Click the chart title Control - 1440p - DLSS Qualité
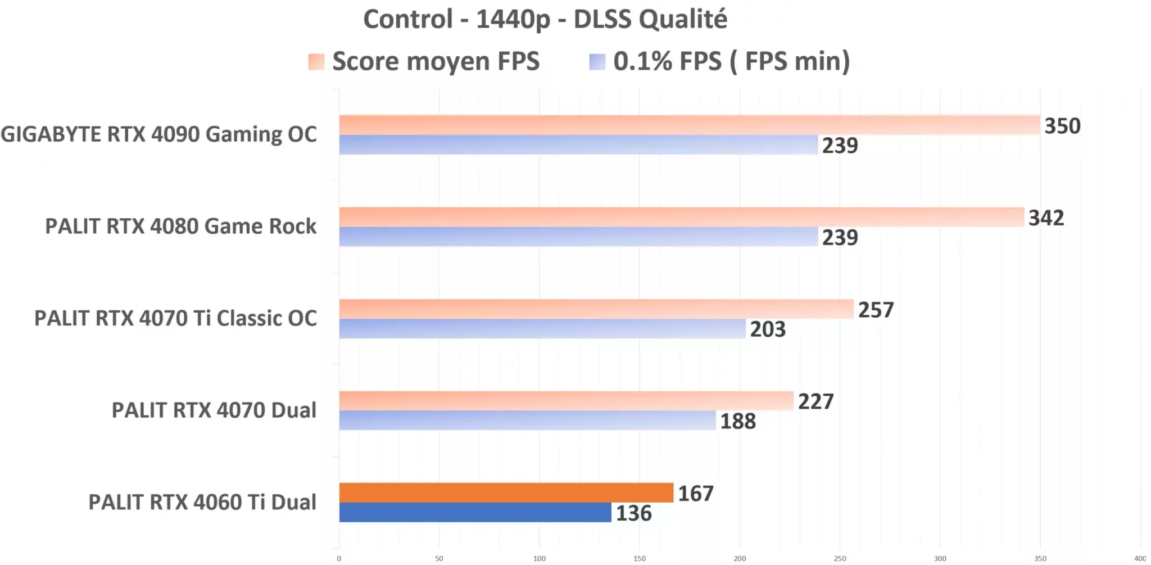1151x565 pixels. point(545,20)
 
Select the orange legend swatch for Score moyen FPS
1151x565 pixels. point(316,62)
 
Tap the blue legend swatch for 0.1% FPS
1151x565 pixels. point(597,62)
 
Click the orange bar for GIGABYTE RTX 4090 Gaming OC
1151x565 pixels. point(689,125)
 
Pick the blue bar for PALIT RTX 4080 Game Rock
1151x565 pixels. point(578,237)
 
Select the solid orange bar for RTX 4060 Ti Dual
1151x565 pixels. point(506,492)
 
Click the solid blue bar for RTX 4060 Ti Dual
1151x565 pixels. point(475,512)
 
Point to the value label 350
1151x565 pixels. point(1062,126)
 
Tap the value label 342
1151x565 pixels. point(1046,218)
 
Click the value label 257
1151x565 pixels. point(876,310)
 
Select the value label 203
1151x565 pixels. point(767,329)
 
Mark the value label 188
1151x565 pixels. point(738,421)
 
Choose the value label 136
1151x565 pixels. point(633,513)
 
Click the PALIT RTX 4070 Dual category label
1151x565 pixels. point(214,410)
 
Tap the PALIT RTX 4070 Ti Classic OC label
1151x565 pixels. point(175,318)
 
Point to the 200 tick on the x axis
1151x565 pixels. point(740,558)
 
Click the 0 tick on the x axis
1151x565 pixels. point(339,558)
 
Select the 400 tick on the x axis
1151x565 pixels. point(1140,558)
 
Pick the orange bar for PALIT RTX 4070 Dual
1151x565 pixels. point(566,401)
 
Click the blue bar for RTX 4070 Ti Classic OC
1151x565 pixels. point(542,329)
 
